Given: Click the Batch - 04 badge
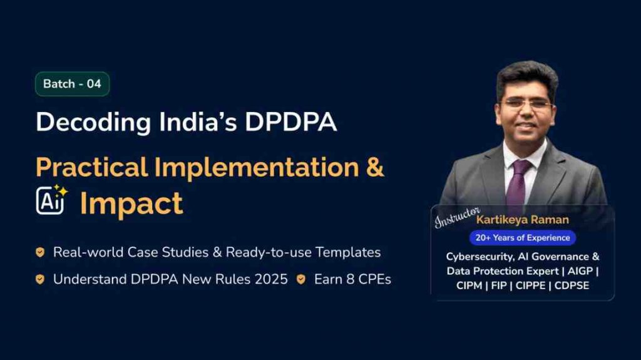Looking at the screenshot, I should tap(72, 84).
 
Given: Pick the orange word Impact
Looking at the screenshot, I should tap(131, 203).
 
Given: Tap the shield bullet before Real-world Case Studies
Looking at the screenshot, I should tap(40, 252).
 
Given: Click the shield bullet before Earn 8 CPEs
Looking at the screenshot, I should tap(301, 279).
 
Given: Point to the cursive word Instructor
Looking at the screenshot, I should tap(458, 217).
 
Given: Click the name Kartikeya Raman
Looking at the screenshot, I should tap(522, 220).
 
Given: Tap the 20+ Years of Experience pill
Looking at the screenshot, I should tap(522, 238).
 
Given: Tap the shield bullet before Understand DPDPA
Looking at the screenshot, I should tap(40, 279).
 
